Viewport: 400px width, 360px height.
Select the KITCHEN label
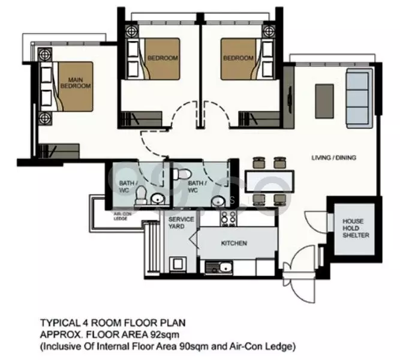pos(233,243)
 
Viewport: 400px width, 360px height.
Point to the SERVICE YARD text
pos(181,223)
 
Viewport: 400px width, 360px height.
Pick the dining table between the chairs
pos(269,180)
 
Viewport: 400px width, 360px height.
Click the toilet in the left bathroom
pos(140,193)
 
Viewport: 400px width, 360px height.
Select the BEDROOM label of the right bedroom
pos(238,58)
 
